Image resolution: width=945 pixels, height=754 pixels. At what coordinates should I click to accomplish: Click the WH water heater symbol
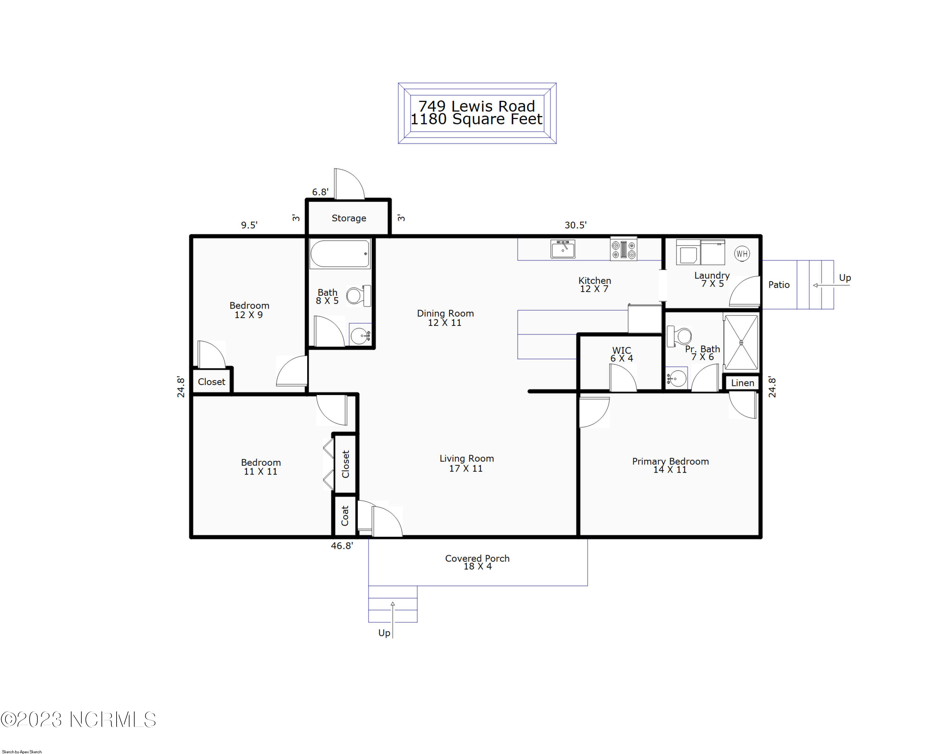tap(742, 253)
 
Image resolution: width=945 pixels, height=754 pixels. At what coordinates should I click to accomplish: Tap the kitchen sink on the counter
tap(563, 249)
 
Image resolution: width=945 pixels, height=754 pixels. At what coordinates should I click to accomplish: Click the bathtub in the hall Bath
tap(340, 254)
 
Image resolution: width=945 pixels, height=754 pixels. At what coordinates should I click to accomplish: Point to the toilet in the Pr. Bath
tap(679, 336)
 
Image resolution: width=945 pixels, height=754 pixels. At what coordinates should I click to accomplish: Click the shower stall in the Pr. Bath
tap(741, 342)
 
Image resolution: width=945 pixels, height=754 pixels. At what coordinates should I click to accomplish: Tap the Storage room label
tap(349, 218)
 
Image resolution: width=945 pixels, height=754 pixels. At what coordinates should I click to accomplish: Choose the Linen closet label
tap(742, 383)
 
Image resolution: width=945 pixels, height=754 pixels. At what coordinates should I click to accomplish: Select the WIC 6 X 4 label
tap(621, 354)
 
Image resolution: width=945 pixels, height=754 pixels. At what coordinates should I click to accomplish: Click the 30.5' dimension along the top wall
tap(576, 225)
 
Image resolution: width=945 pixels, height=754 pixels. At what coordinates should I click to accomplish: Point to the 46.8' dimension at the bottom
tap(342, 545)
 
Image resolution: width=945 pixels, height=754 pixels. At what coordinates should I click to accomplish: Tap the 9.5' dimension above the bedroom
tap(249, 225)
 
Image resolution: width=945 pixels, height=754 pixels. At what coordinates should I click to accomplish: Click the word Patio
tap(779, 285)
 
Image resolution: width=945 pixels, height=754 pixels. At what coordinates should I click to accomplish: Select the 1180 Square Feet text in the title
tap(477, 119)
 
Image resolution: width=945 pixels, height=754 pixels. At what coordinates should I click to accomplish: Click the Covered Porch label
tap(477, 558)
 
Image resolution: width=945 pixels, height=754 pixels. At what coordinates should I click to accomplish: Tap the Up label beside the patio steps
tap(845, 278)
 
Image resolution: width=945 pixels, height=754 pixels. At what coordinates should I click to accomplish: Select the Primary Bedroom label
tap(670, 462)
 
